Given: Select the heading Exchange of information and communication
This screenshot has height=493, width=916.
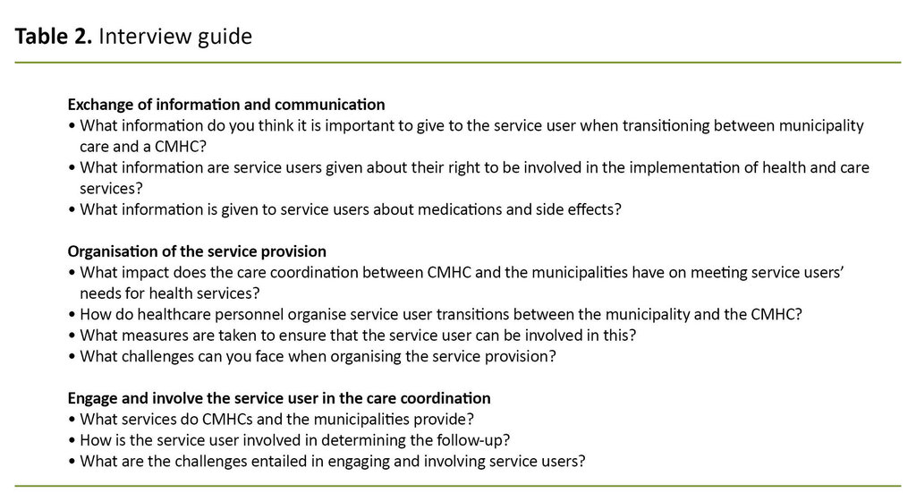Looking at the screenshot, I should (x=226, y=104).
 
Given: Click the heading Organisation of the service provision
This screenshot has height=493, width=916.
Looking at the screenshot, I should (x=197, y=251).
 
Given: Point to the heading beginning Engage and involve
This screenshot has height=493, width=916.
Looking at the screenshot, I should (x=279, y=397).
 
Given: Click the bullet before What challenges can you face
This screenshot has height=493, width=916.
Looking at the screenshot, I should (x=72, y=356).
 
